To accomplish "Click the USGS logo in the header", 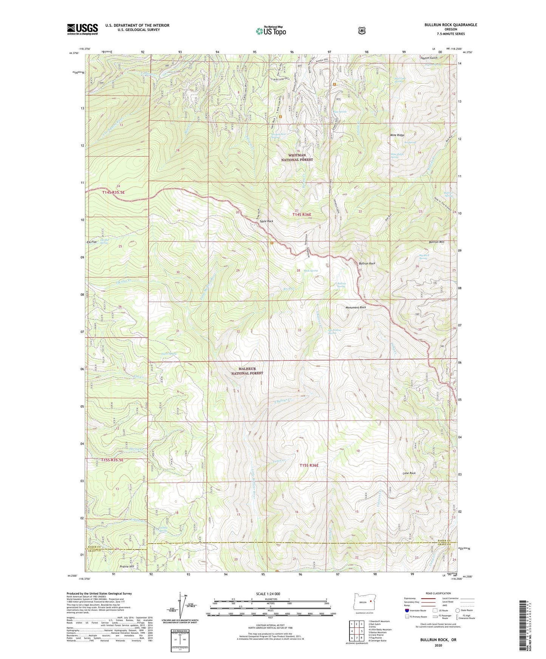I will [x=82, y=29].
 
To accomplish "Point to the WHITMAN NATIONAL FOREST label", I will [x=297, y=157].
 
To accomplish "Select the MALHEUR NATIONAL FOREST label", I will [x=247, y=371].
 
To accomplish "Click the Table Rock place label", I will [x=266, y=221].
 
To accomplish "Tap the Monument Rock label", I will [x=356, y=307].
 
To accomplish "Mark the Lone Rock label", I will [x=409, y=473].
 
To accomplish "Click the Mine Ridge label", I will [x=397, y=135].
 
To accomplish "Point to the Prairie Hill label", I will [x=127, y=567].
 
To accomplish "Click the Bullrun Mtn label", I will [x=436, y=242].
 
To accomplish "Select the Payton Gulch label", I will [x=428, y=58].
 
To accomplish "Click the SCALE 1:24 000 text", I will [x=268, y=594].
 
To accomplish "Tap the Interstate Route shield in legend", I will [x=407, y=610].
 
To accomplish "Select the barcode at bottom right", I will [x=523, y=621].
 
